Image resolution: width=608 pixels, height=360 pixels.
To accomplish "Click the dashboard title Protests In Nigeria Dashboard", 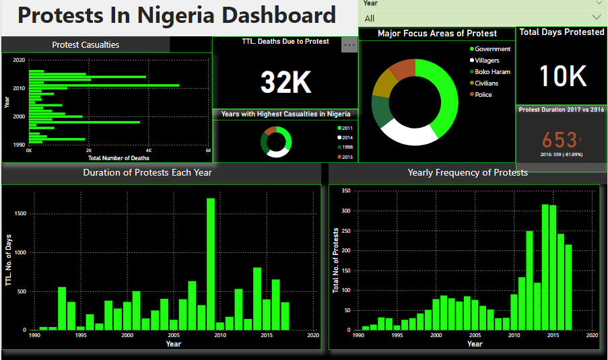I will [176, 15].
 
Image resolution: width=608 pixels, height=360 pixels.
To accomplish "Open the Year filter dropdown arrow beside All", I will [597, 18].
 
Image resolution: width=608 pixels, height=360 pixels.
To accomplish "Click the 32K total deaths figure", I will [285, 82].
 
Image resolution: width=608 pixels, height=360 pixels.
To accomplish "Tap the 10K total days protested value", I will [563, 76].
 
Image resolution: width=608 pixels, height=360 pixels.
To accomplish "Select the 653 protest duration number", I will [560, 140].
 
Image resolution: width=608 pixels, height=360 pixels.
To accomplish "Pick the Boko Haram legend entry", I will [492, 72].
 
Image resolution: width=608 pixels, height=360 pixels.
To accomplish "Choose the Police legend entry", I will [483, 95].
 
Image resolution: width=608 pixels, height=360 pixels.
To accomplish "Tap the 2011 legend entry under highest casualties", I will [347, 128].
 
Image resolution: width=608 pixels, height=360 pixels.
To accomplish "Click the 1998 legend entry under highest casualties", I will [347, 147].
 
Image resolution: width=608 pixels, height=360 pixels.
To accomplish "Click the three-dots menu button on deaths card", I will [349, 44].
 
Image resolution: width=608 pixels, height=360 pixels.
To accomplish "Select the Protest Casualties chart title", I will [86, 45].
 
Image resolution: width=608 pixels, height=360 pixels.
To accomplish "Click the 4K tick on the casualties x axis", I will [149, 151].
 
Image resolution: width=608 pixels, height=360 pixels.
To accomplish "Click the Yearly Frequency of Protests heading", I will [467, 173].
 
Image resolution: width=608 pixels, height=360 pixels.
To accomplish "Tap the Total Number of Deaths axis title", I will [119, 158].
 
